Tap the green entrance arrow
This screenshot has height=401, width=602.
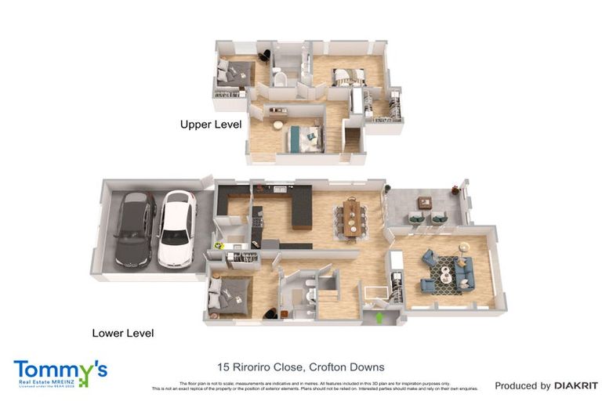pos(379,317)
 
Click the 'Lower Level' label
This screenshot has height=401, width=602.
pos(123,333)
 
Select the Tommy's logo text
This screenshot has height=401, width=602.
pos(60,369)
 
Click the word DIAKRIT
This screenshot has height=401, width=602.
pos(576,385)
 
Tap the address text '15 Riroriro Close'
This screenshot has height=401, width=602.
pos(259,367)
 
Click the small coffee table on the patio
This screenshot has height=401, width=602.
pos(424,202)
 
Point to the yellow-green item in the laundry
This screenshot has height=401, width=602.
pos(220,245)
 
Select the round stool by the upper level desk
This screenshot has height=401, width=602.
pos(277,125)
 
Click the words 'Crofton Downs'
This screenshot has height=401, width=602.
pos(346,367)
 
